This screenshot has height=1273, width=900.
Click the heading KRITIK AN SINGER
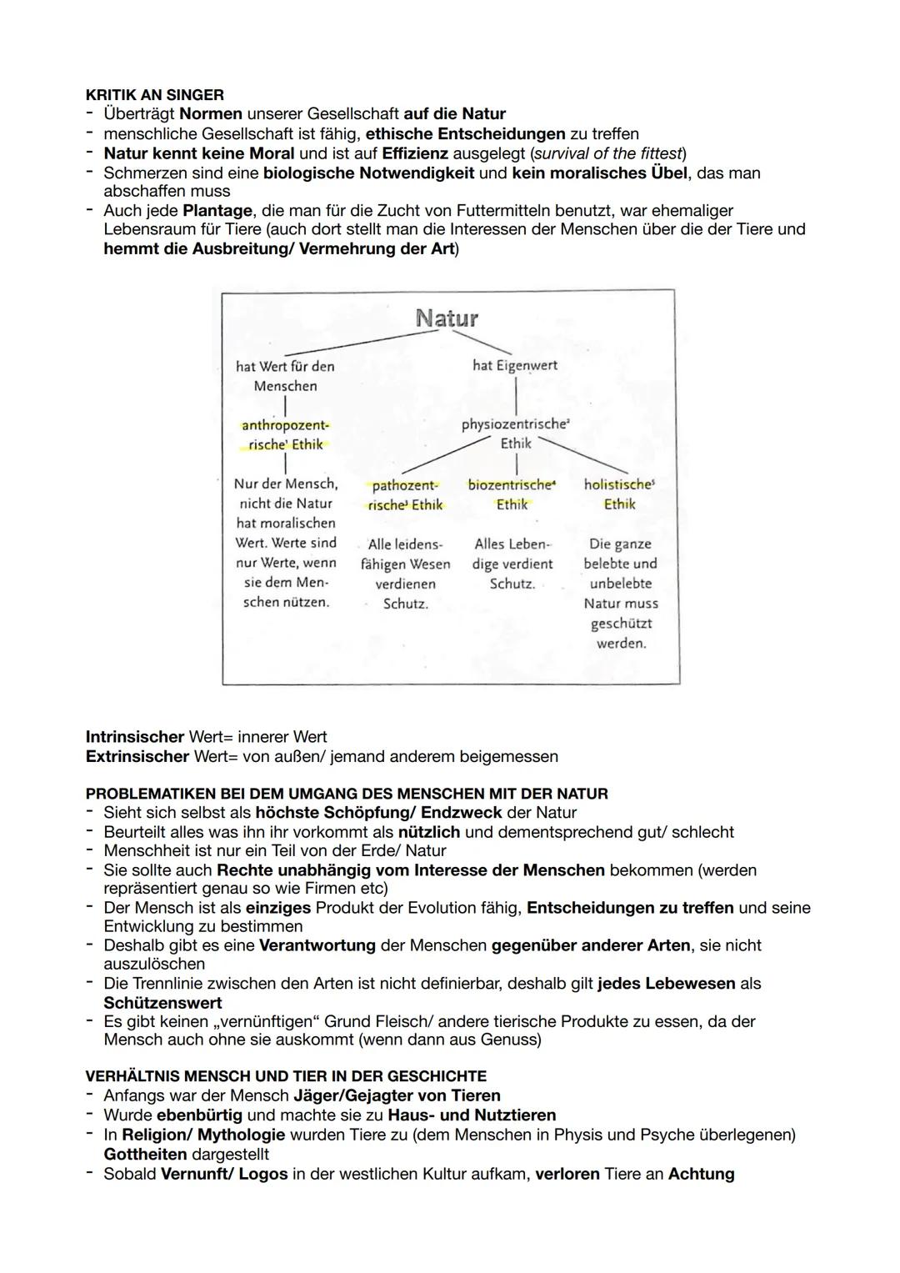[154, 95]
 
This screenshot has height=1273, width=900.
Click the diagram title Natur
[447, 318]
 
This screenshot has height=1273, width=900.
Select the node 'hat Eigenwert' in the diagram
[514, 365]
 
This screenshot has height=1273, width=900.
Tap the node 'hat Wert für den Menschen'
[285, 376]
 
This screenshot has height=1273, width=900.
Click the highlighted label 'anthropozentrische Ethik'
[285, 434]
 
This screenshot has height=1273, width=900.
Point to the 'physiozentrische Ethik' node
[515, 434]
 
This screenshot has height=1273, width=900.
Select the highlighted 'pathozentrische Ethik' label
[405, 495]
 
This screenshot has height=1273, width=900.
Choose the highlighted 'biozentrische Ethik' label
[512, 494]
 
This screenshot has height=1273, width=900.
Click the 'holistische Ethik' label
[619, 494]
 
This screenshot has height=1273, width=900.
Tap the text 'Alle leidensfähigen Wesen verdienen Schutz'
[405, 574]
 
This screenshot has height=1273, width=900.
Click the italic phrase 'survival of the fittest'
[607, 153]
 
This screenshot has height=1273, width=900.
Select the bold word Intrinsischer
[135, 737]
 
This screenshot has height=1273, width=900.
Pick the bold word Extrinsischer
[137, 756]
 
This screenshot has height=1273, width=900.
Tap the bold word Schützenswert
[162, 1003]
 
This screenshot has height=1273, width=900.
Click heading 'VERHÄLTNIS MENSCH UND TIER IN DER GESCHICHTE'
[286, 1076]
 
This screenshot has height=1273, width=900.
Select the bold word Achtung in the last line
[701, 1174]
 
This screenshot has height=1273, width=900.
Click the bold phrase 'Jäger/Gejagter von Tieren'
[397, 1095]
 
